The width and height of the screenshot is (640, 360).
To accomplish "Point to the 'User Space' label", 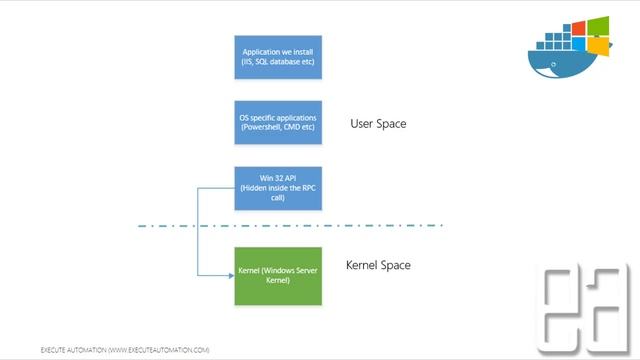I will point(378,124).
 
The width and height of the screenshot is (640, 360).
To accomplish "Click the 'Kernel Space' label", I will point(378,265).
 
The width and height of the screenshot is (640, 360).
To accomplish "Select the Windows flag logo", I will point(596,37).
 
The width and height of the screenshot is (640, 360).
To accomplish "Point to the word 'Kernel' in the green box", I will point(250,270).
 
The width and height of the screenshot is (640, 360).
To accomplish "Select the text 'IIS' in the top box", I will point(249,63).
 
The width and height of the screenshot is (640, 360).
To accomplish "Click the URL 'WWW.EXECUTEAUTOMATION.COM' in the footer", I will point(159,350).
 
